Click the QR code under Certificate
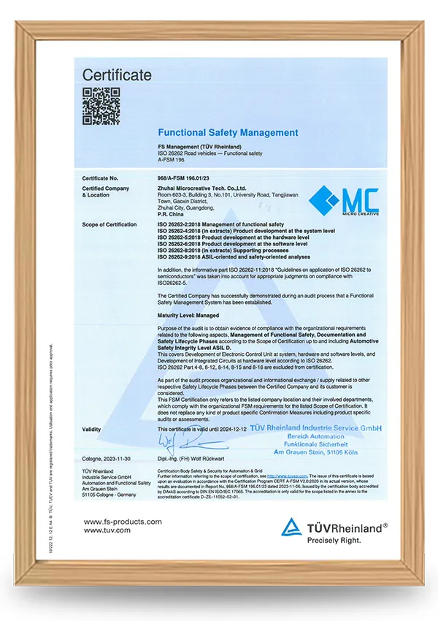tap(101, 106)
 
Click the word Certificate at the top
tap(117, 75)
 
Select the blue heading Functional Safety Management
tap(228, 133)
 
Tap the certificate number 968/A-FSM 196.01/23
tap(189, 178)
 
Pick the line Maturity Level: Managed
tap(188, 314)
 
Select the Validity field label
tap(93, 430)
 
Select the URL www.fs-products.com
tap(123, 522)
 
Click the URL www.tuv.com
tap(107, 530)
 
